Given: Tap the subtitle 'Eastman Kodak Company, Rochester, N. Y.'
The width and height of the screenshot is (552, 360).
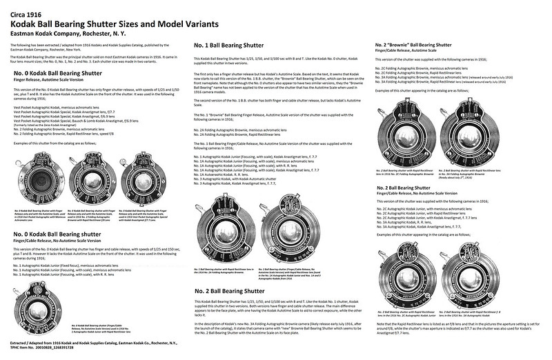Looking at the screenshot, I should tap(66, 32).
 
